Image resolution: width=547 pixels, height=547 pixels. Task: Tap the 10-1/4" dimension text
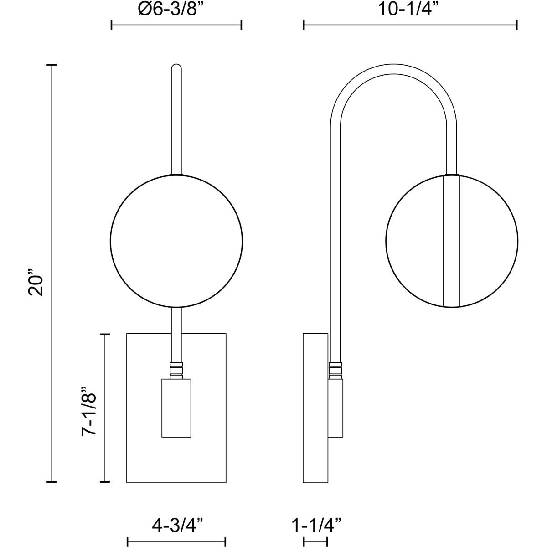409,10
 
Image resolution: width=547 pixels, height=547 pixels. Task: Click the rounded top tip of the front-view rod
176,64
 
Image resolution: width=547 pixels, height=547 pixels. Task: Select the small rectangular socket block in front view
176,408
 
